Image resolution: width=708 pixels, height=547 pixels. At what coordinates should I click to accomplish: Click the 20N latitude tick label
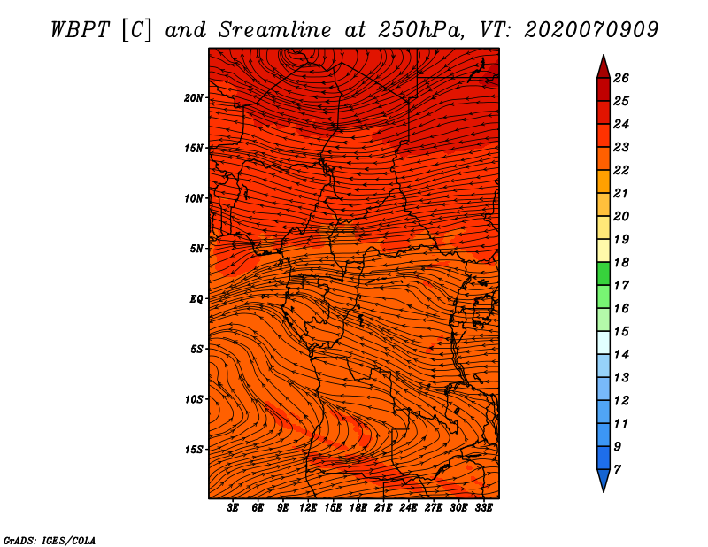point(194,98)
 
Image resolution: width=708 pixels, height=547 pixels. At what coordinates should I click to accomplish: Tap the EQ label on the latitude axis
point(196,299)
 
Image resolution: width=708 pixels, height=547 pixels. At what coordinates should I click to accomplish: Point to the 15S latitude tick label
point(194,450)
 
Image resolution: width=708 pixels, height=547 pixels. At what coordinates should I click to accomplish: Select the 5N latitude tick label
point(196,249)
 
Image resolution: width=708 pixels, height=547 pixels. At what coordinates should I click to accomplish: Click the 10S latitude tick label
point(194,399)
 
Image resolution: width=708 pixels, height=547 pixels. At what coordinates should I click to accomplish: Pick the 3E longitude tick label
point(233,508)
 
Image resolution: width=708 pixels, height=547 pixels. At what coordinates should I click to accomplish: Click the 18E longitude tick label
point(358,508)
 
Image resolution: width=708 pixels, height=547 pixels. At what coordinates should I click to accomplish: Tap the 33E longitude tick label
point(483,508)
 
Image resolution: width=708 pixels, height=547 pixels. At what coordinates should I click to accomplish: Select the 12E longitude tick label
point(308,508)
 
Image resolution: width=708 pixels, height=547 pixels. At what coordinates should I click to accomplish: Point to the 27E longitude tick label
point(434,508)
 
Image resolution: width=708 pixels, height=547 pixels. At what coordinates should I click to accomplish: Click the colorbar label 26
point(621,78)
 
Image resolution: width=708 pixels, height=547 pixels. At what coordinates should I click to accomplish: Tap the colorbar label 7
point(618,470)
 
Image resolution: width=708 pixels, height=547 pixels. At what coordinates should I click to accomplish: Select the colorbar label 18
point(621,262)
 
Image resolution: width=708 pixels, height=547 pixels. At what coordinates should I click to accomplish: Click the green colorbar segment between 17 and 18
point(604,273)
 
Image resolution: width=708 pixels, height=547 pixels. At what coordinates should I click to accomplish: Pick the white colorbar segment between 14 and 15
point(604,343)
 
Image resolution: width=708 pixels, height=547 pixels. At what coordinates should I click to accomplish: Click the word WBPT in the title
point(81,30)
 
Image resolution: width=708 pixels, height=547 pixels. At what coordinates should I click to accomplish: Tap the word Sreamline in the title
point(275,30)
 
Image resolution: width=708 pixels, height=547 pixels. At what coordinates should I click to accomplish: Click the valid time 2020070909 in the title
point(591,30)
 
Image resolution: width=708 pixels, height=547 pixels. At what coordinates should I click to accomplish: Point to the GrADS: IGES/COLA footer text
point(50,541)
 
